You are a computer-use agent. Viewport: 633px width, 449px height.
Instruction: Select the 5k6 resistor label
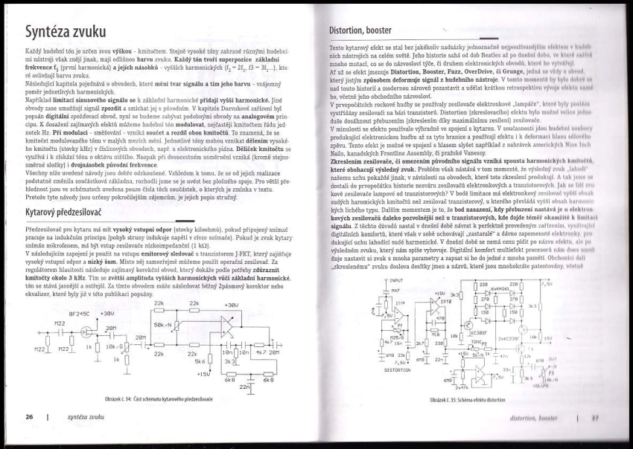click(201, 362)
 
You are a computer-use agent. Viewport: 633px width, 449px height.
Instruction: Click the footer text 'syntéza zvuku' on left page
click(86, 419)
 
